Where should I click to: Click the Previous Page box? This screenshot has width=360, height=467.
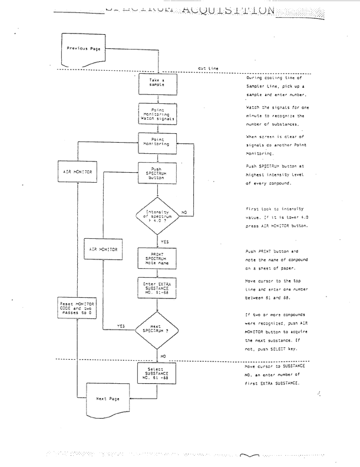pos(84,49)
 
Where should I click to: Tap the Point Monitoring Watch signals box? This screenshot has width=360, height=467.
pos(157,114)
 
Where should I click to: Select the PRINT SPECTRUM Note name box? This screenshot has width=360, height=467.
pos(157,258)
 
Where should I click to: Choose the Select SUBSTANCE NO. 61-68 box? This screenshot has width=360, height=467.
pos(157,374)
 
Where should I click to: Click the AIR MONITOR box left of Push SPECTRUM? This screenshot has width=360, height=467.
pos(78,172)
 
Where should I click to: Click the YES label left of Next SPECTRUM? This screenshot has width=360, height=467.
pos(121,325)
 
